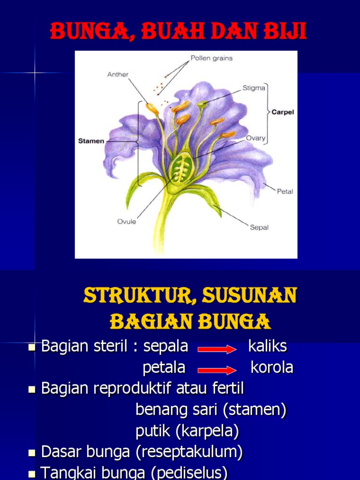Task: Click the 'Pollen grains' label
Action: (x=211, y=59)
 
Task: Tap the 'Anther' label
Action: (x=118, y=74)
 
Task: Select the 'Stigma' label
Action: (x=254, y=88)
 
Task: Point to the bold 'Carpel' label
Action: (x=282, y=112)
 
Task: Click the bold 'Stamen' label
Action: (x=91, y=141)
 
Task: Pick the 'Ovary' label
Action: (x=255, y=138)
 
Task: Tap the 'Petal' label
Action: (x=285, y=191)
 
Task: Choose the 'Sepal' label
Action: (x=259, y=227)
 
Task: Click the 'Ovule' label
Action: (x=127, y=221)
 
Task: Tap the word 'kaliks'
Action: (x=267, y=347)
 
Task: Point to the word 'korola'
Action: (x=272, y=367)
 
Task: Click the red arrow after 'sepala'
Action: (x=217, y=349)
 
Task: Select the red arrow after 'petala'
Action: (x=217, y=370)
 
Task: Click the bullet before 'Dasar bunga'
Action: (x=32, y=453)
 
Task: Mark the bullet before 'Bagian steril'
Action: (x=32, y=347)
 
